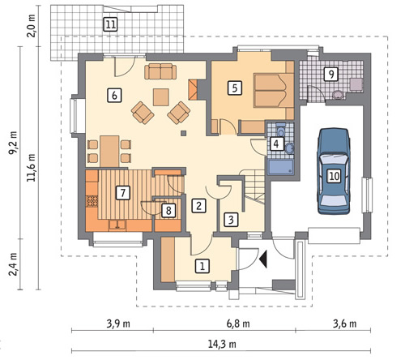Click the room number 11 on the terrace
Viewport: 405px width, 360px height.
(110, 25)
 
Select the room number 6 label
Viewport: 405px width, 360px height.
(114, 96)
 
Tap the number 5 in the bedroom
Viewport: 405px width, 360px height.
(234, 88)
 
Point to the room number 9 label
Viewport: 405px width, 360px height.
(331, 74)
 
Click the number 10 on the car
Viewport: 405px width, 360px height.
(334, 176)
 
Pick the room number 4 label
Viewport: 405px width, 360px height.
(275, 144)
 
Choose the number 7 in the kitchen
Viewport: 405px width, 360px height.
(123, 193)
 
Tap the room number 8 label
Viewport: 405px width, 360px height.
(168, 210)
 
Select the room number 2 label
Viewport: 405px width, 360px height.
(198, 206)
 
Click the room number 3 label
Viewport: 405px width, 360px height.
(231, 220)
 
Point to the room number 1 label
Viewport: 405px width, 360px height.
(202, 266)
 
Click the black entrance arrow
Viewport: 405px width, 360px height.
(263, 259)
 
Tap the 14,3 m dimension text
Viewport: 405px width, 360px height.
(222, 344)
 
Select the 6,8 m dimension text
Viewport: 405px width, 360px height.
(238, 324)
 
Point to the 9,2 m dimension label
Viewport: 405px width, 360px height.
(13, 143)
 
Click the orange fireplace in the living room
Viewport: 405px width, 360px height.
(193, 90)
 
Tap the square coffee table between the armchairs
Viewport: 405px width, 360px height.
(161, 97)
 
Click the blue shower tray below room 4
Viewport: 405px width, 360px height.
(281, 167)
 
